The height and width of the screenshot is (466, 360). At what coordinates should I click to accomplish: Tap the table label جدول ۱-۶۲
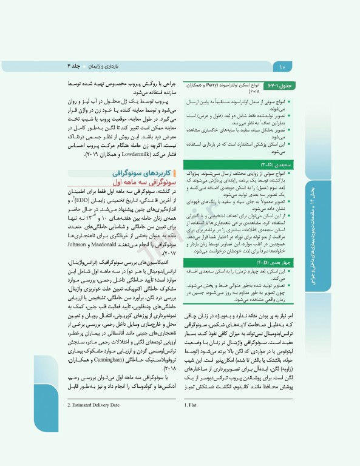tap(298, 86)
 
